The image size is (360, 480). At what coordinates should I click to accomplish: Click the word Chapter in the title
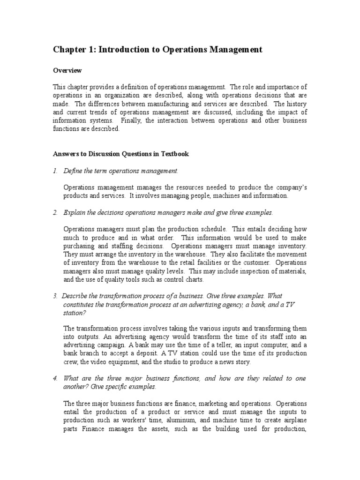point(68,50)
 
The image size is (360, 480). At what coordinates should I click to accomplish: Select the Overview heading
point(67,71)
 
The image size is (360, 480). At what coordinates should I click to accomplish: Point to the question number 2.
point(55,213)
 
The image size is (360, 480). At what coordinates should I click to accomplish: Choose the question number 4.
point(55,378)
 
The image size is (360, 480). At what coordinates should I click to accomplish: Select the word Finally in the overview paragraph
point(130,121)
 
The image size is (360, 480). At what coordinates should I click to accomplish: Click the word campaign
point(109,345)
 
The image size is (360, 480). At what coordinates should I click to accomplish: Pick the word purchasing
point(79,246)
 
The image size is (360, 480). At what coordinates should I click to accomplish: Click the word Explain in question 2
point(74,213)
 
